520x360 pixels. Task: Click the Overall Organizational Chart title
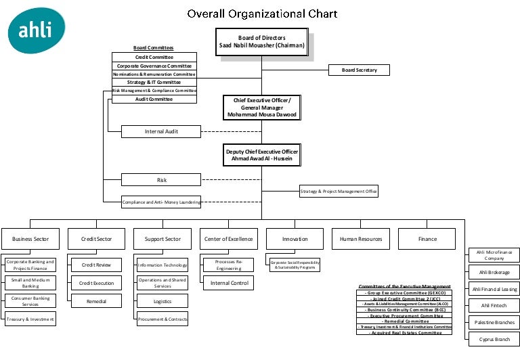tap(262, 14)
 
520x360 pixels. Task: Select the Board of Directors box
tap(262, 42)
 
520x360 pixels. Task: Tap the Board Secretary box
tap(359, 70)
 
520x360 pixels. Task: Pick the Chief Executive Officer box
tap(261, 108)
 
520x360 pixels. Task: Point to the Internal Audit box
tap(161, 131)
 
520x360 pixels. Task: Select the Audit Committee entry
tap(154, 99)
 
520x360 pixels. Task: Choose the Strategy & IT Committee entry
tap(154, 82)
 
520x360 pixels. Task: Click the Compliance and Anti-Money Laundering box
tap(161, 202)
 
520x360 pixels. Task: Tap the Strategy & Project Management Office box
tap(339, 192)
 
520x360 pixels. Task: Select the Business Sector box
tap(30, 239)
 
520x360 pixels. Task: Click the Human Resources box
tap(361, 239)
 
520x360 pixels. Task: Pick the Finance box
tap(427, 239)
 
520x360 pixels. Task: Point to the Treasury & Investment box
tap(30, 319)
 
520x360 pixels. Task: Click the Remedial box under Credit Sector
tap(97, 301)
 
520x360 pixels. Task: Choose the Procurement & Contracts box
tap(162, 319)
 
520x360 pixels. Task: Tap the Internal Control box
tap(229, 283)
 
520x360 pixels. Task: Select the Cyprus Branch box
tap(494, 339)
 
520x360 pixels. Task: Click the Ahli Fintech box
tap(494, 306)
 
